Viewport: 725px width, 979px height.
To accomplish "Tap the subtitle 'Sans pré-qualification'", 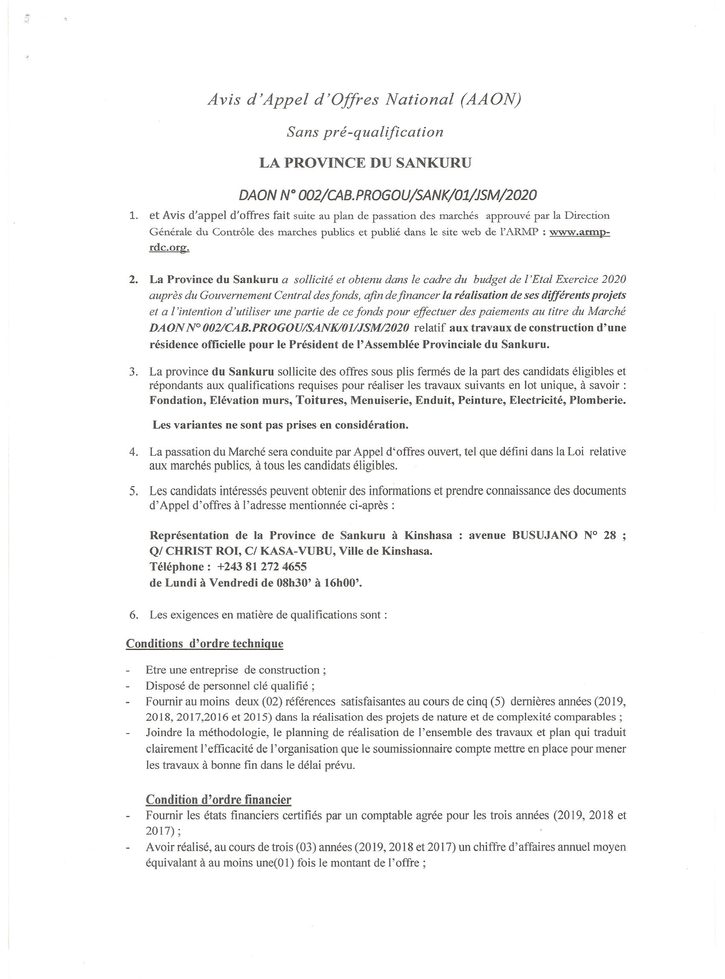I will tap(365, 132).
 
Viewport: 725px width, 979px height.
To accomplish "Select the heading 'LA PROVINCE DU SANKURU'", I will tap(365, 163).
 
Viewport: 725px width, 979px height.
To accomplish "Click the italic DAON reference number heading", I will tap(388, 195).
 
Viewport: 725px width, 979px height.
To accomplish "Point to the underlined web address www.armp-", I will tap(579, 232).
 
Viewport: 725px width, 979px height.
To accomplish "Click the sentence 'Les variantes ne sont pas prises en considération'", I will tap(281, 425).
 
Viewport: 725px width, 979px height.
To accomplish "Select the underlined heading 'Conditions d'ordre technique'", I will tap(205, 644).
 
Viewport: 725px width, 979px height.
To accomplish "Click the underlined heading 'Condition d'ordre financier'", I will tap(218, 800).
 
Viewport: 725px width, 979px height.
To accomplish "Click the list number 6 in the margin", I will tap(133, 615).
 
